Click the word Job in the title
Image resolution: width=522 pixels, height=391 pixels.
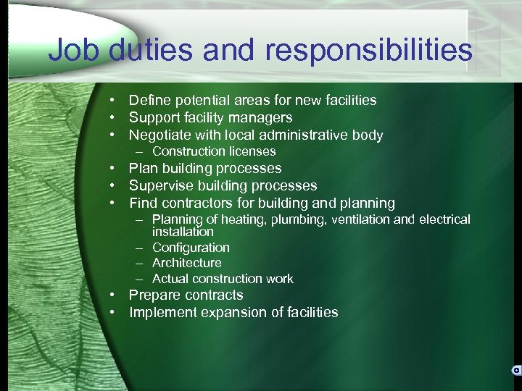(x=75, y=51)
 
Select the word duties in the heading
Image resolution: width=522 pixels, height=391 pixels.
(x=153, y=51)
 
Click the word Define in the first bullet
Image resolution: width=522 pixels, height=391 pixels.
(x=149, y=100)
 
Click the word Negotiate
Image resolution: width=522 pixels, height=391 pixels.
(x=159, y=135)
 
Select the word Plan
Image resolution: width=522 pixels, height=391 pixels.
(x=143, y=168)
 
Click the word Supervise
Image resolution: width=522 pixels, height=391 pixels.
(x=159, y=185)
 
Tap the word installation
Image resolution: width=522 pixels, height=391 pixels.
(x=183, y=232)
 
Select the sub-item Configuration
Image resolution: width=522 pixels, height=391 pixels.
(x=191, y=248)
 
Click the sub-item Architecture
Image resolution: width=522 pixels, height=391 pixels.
(x=187, y=263)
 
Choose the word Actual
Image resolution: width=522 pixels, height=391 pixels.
(x=169, y=279)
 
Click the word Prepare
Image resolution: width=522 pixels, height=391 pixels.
(x=155, y=295)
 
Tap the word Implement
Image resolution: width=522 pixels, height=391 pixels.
(x=162, y=313)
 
